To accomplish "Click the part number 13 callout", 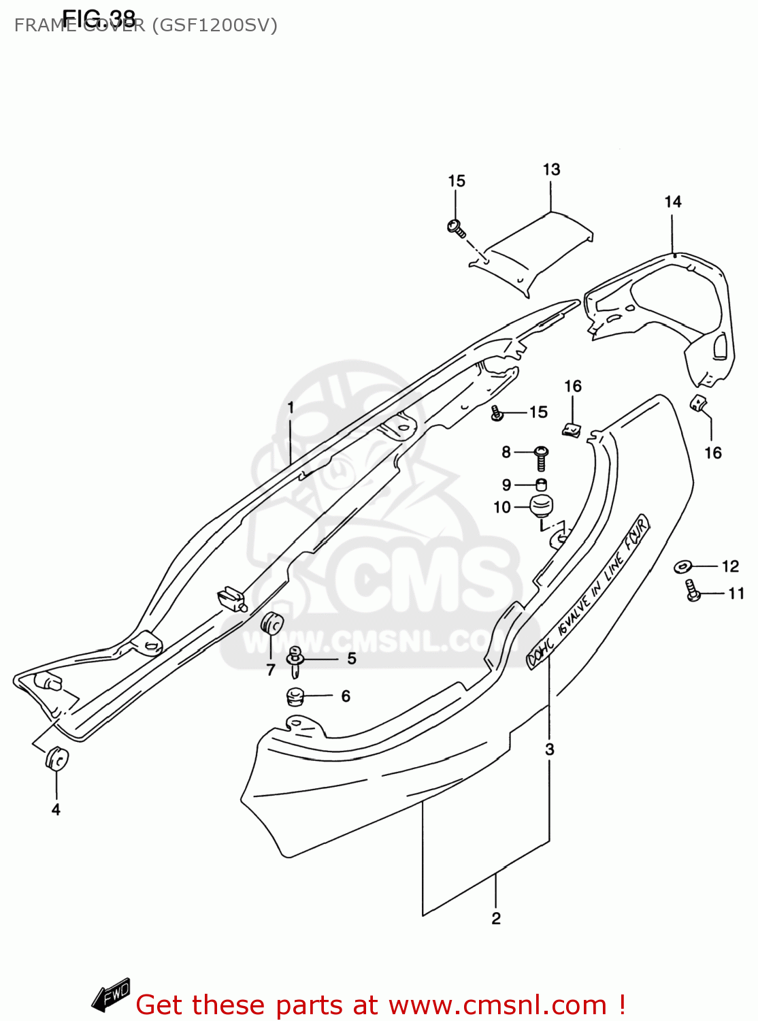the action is tap(551, 169).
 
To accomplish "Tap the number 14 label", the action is tap(672, 201).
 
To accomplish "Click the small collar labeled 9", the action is tap(542, 485).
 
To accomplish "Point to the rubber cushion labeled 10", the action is tap(542, 506).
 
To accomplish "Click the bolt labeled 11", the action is tap(692, 590).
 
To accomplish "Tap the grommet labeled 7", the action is tap(271, 623).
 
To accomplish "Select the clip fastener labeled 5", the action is tap(295, 661).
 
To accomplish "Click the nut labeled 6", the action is tap(295, 697).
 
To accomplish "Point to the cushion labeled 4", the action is tap(56, 758).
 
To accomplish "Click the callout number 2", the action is tap(496, 918).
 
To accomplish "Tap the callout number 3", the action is tap(550, 749).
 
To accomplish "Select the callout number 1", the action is tap(291, 408).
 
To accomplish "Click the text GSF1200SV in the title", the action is tap(214, 26).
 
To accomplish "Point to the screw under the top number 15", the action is tap(456, 227).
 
